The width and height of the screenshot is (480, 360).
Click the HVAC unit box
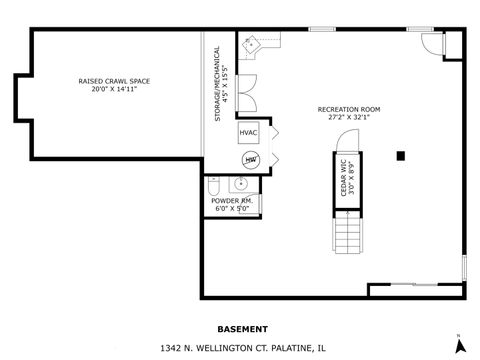pos(249,133)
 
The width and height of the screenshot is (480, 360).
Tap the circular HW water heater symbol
pos(249,159)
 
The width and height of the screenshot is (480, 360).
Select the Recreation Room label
pos(348,108)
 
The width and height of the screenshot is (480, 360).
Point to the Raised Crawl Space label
pos(112,80)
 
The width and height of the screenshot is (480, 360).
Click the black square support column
pos(400,155)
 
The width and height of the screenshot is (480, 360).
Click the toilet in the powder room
pos(213,186)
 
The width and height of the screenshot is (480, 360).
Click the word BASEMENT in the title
pos(242,328)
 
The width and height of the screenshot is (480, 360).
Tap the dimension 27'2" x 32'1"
pos(348,117)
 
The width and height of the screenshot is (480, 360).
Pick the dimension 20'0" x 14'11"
pos(112,89)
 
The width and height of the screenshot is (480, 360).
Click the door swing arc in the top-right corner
pos(432,43)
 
